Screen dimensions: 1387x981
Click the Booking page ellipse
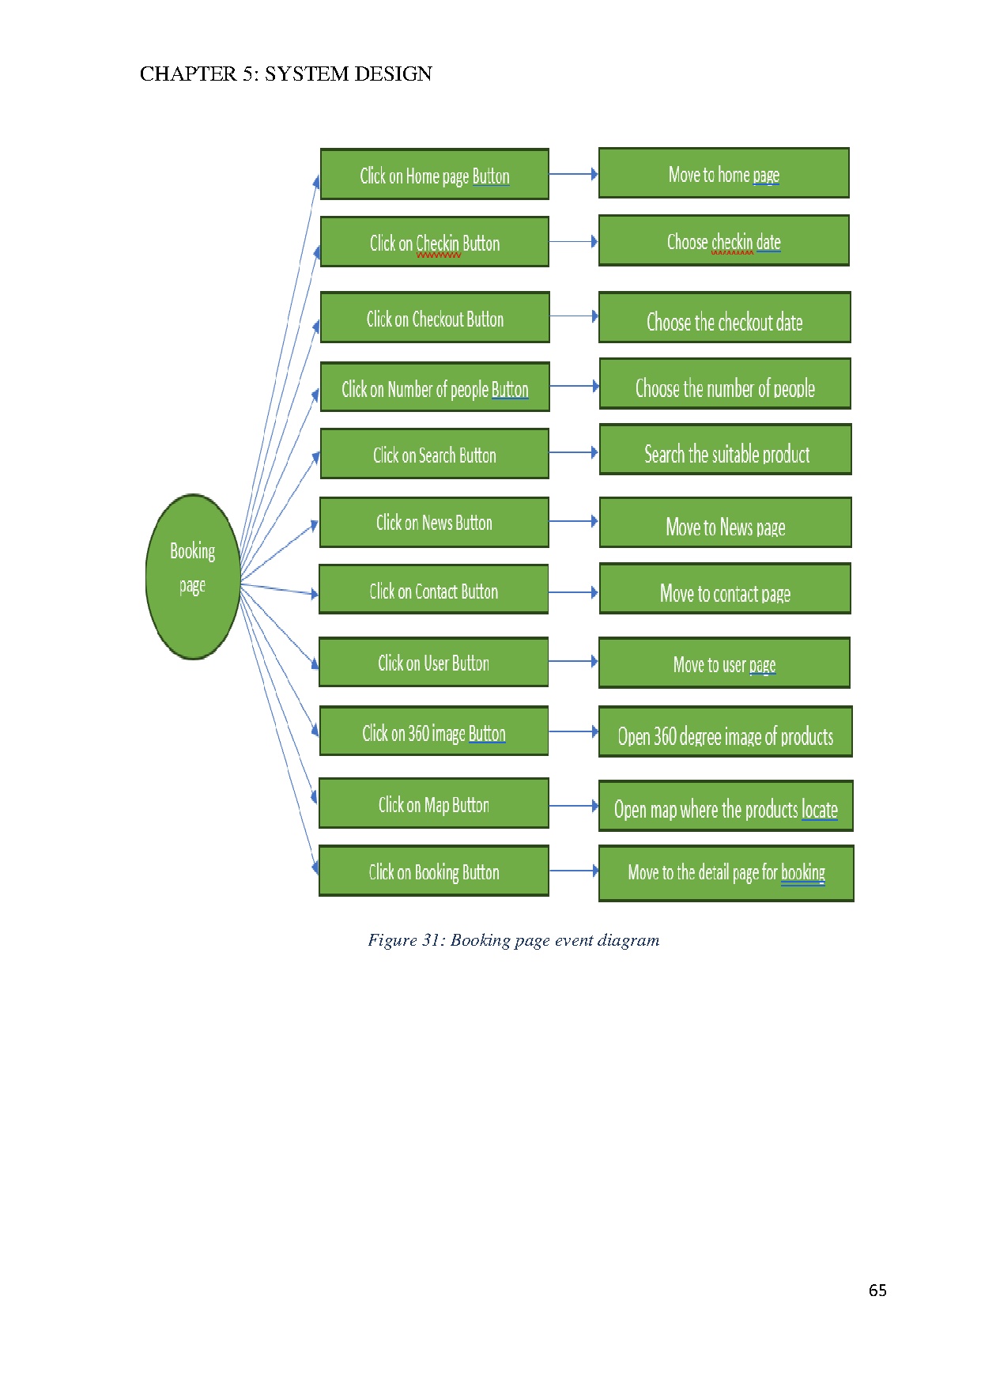coord(193,576)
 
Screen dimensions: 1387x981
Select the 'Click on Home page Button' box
coord(434,175)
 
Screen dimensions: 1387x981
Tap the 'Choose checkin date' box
coord(723,241)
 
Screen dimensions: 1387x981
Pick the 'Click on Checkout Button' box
coord(434,318)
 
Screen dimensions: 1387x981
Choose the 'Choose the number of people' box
coord(725,384)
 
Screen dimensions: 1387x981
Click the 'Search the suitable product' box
coord(726,450)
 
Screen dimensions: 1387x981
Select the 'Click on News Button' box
coord(434,523)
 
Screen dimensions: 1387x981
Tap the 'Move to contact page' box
coord(725,589)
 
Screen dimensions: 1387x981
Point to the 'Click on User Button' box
coord(433,663)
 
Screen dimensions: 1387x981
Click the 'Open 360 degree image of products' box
coord(725,732)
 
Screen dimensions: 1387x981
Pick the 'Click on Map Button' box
coord(433,804)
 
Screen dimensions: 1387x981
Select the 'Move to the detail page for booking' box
coord(726,874)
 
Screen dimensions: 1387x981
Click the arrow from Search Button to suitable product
coord(573,453)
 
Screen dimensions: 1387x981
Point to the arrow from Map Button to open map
coord(573,806)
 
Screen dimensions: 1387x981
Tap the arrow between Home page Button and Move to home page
coord(573,174)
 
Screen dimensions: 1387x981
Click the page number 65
coord(877,1291)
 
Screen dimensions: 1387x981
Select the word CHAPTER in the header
coord(187,74)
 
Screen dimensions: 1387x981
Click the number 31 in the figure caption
coord(431,940)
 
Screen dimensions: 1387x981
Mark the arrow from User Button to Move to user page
coord(573,661)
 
